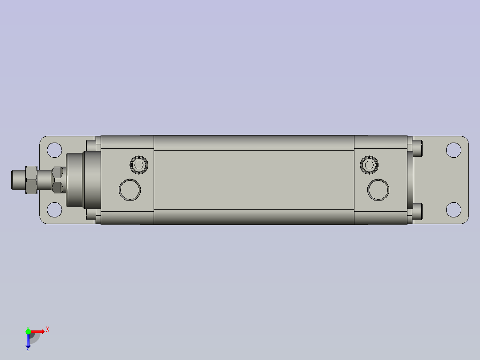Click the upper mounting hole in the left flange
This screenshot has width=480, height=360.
[x=54, y=150]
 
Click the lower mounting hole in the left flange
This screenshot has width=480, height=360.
[x=54, y=209]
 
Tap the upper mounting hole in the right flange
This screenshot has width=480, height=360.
[x=453, y=150]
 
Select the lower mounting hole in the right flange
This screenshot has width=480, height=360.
[x=453, y=209]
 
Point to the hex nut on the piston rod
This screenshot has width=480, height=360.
[x=31, y=180]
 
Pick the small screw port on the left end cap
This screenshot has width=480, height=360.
[x=139, y=165]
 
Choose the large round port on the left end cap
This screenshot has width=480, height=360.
[x=130, y=189]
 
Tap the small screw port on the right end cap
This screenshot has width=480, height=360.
[x=369, y=165]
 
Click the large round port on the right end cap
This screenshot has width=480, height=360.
[x=378, y=189]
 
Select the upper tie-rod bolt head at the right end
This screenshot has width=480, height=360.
[x=418, y=147]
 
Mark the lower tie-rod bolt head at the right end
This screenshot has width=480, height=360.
[x=418, y=212]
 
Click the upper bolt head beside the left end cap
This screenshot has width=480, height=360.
[x=91, y=145]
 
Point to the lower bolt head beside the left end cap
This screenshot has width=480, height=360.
[x=91, y=214]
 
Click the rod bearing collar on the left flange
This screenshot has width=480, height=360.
[x=82, y=180]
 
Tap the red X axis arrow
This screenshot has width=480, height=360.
[x=38, y=331]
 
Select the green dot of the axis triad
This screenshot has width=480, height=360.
[x=28, y=331]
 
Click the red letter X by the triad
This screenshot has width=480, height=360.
[x=47, y=330]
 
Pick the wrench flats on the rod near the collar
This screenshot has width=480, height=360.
[x=57, y=180]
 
